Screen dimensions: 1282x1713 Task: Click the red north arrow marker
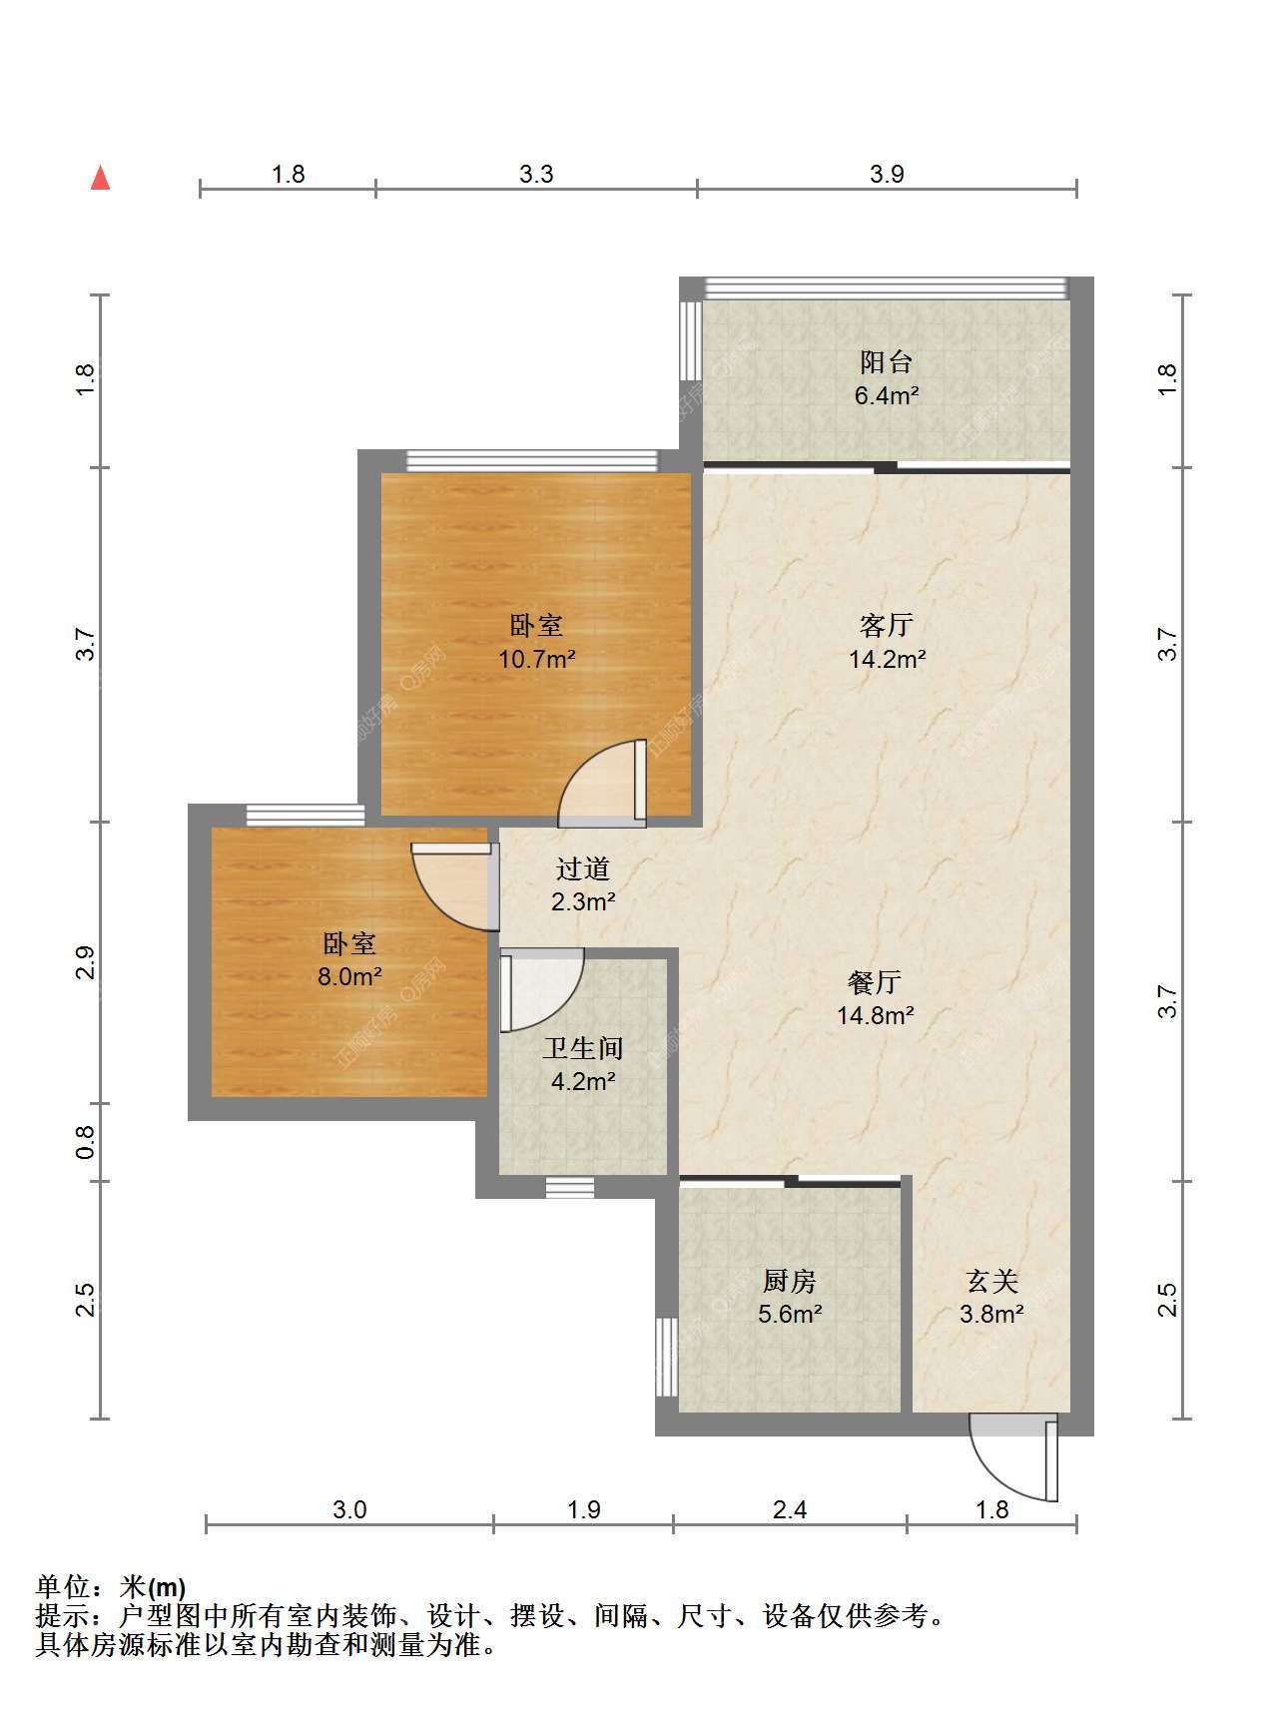(x=100, y=178)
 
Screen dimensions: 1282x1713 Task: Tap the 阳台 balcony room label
(x=886, y=361)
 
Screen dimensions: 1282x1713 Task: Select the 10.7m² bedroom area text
(x=537, y=659)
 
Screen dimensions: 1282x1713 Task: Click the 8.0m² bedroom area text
(x=349, y=976)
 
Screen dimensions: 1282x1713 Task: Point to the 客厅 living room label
(x=887, y=626)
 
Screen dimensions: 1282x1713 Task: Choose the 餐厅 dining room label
(x=875, y=982)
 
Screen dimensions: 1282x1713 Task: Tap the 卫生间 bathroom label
(x=583, y=1047)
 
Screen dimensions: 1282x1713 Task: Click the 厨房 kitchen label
(x=789, y=1280)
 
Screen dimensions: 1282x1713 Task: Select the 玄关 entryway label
(x=991, y=1280)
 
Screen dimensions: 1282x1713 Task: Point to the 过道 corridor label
(x=583, y=868)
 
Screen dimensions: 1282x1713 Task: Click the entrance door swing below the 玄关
(x=1013, y=1456)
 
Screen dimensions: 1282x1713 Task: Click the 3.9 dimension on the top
(x=887, y=174)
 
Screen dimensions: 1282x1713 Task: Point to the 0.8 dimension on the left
(x=86, y=1142)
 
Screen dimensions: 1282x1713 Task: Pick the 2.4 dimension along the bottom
(x=790, y=1509)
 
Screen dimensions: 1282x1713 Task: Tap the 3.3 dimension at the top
(x=536, y=174)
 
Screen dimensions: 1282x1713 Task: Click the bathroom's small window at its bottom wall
(x=570, y=1187)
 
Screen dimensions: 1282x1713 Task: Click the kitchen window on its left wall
(x=667, y=1357)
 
